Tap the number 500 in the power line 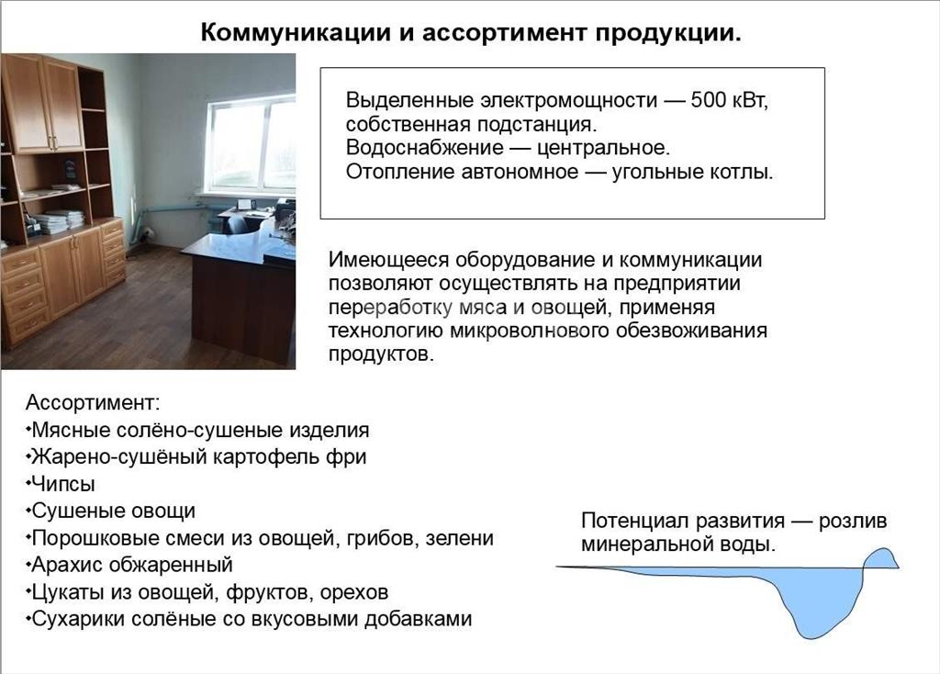tap(709, 99)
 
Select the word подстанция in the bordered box tap(537, 124)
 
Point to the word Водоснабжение tap(425, 148)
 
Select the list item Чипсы tap(62, 484)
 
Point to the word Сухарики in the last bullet tap(78, 619)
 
